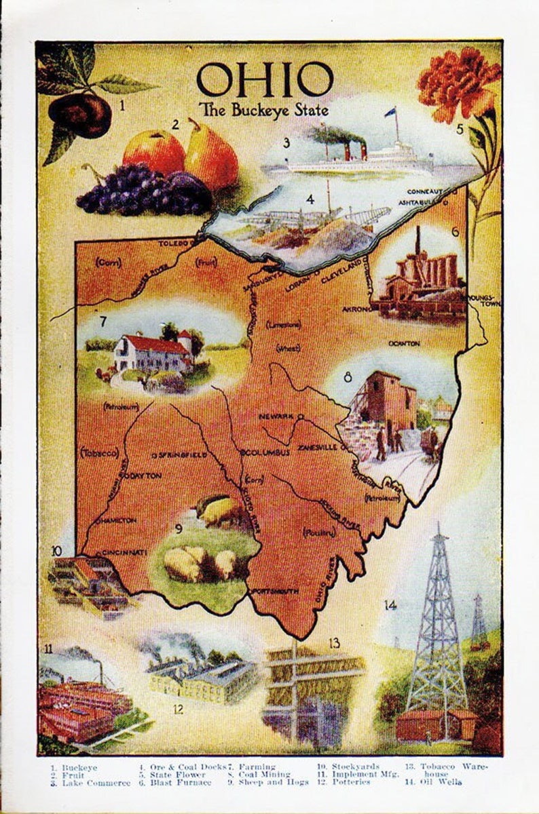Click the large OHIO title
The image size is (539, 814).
point(265,79)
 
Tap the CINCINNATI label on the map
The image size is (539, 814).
point(123,553)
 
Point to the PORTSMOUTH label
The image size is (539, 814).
point(275,592)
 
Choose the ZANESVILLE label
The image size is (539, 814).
point(315,448)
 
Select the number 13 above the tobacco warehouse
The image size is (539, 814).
point(333,642)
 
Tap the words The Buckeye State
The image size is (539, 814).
point(263,109)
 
